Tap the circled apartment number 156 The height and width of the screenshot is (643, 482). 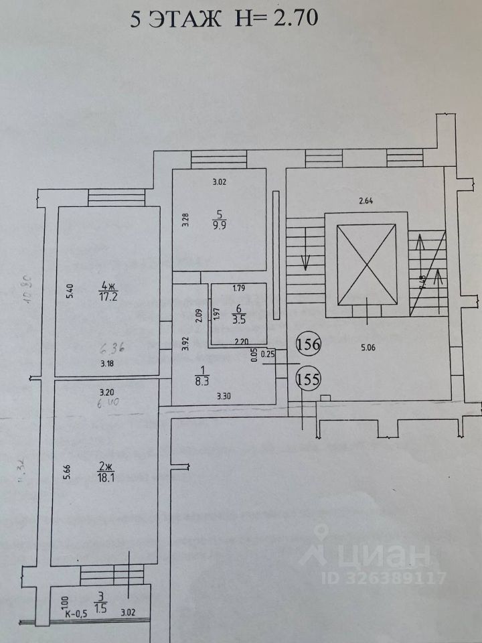click(x=309, y=345)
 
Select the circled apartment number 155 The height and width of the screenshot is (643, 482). click(x=309, y=379)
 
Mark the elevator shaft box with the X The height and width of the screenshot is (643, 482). click(x=366, y=265)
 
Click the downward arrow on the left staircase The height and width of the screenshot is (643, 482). click(x=306, y=251)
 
